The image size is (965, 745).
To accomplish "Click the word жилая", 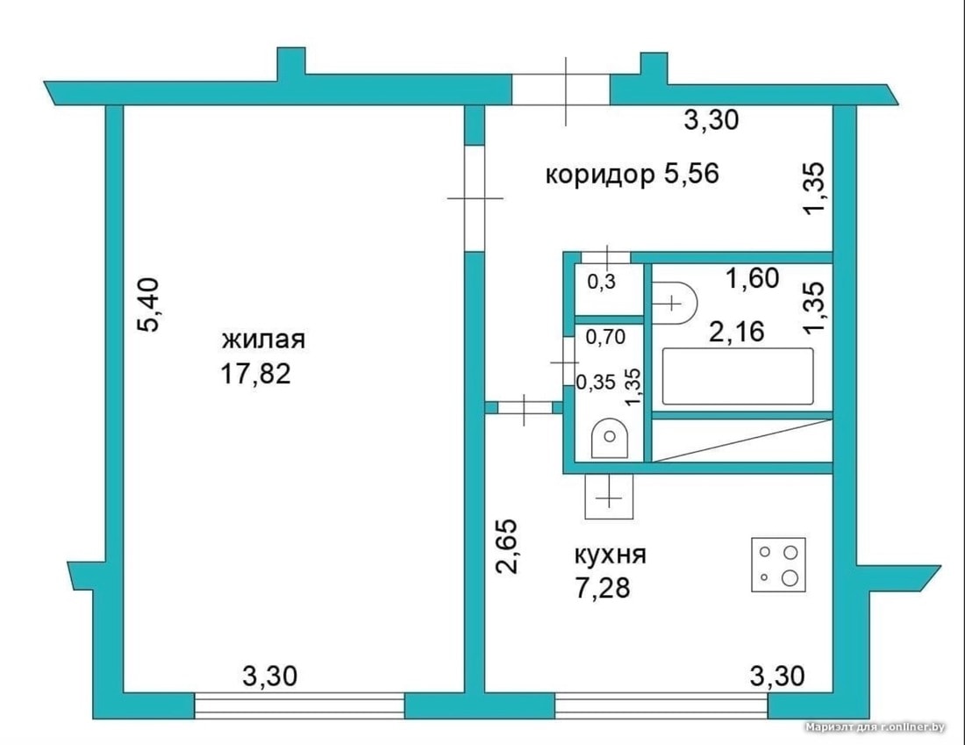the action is (x=263, y=340).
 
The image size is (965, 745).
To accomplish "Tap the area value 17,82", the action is (x=255, y=374).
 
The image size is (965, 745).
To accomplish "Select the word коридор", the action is (x=600, y=175).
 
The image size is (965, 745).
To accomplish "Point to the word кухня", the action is (x=610, y=555).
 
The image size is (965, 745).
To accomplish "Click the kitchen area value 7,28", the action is (x=603, y=588).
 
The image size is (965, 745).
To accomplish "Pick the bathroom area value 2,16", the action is (x=737, y=332).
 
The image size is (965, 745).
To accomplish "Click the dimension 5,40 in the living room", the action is (x=149, y=304).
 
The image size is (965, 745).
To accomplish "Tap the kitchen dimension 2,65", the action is (x=508, y=547).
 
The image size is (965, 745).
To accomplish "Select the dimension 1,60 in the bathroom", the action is (x=753, y=278).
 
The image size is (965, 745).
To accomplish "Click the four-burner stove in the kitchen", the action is (x=778, y=564).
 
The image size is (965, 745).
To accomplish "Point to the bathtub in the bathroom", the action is (x=737, y=376).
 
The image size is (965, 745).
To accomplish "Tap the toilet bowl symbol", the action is (x=610, y=438).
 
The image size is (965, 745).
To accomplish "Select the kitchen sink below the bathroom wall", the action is (x=609, y=497).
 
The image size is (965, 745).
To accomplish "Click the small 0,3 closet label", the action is (x=601, y=282).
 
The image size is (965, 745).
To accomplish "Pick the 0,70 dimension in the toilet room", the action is (x=605, y=337).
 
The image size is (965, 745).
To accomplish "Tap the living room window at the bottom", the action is (x=299, y=706).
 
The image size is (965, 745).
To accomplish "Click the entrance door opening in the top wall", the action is (x=561, y=90).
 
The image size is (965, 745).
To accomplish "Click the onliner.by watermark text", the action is (x=876, y=727).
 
